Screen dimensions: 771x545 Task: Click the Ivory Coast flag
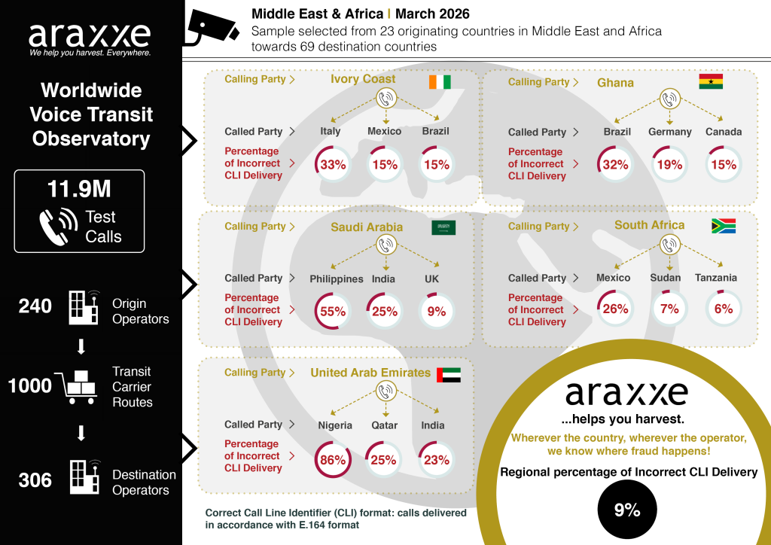tap(440, 82)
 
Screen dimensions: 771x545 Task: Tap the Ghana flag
tap(711, 81)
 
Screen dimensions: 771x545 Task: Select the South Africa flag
tap(724, 226)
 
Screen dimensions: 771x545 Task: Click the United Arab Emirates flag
tap(449, 375)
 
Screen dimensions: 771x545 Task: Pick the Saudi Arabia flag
tap(443, 227)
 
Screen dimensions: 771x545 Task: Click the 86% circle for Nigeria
tap(333, 460)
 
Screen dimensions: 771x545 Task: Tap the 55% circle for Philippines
tap(333, 312)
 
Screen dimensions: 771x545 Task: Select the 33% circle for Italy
tap(333, 165)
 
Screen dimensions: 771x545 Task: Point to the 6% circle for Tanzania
tap(724, 309)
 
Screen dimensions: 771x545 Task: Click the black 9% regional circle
tap(627, 510)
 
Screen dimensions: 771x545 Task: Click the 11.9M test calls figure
tap(79, 189)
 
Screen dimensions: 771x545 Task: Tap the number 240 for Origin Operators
tap(35, 306)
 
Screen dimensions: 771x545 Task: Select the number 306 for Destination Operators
tap(35, 480)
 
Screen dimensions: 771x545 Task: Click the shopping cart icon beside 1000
tap(75, 388)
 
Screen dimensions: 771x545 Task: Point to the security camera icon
tap(212, 29)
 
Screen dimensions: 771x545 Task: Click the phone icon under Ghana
tap(669, 99)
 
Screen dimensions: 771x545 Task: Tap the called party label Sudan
tap(666, 278)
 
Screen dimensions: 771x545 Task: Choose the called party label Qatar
tap(384, 425)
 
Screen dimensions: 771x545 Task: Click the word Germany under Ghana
tap(669, 132)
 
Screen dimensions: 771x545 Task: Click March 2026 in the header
tap(432, 14)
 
